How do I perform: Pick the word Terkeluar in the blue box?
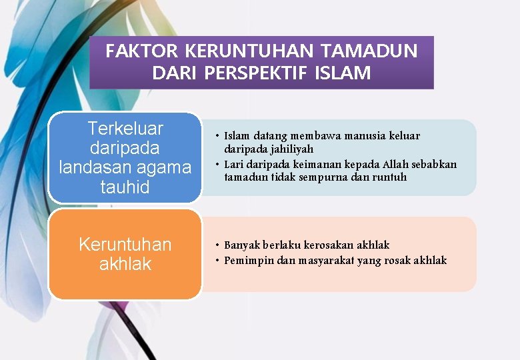pos(125,128)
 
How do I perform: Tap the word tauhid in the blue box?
pos(125,187)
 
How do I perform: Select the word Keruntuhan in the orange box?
pos(125,245)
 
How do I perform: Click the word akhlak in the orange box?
pos(125,264)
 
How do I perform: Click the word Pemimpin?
pos(248,260)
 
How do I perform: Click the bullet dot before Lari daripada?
pos(217,164)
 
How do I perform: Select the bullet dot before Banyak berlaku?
pos(217,245)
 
